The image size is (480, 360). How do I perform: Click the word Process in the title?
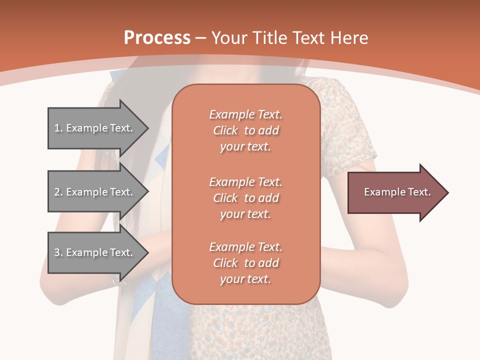point(157,38)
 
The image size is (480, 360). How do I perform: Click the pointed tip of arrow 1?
point(147,128)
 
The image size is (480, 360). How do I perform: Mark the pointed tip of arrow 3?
point(147,252)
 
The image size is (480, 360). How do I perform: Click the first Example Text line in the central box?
point(245,114)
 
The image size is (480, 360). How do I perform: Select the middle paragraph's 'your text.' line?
point(245,214)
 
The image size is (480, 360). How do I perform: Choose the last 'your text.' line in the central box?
point(245,279)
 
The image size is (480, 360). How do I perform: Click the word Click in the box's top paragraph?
point(225,130)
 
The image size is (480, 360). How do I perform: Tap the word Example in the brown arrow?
point(381,192)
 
